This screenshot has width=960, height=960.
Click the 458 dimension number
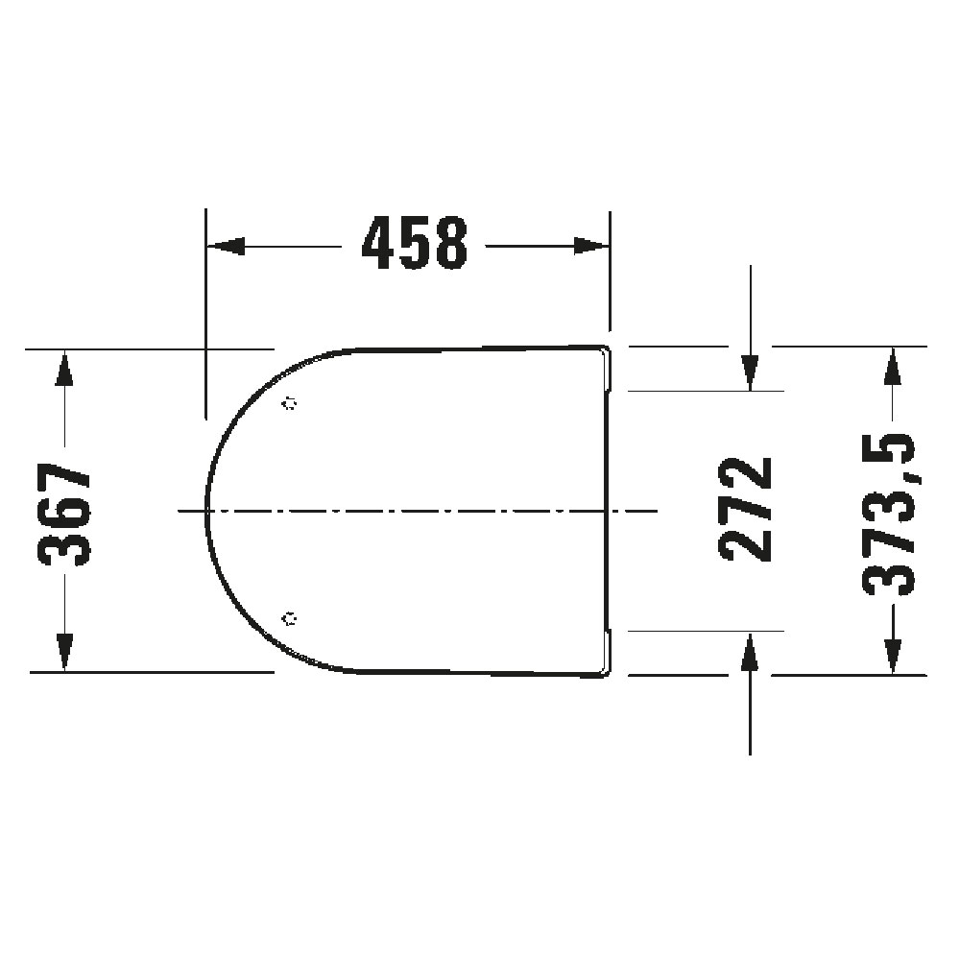click(415, 243)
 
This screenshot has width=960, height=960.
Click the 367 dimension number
click(64, 515)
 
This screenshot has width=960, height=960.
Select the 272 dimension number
click(745, 510)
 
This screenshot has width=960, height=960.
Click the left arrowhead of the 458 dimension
click(226, 246)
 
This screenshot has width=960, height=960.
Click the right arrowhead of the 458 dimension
click(591, 246)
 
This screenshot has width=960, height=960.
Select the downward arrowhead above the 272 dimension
click(750, 372)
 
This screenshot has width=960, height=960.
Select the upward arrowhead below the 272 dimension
click(750, 650)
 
